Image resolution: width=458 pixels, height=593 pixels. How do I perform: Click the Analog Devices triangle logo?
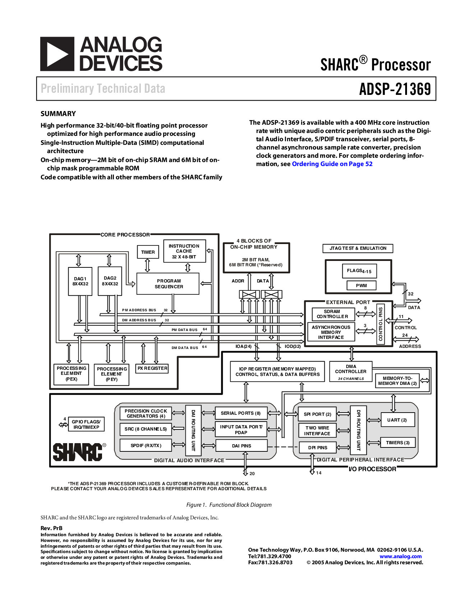pos(57,54)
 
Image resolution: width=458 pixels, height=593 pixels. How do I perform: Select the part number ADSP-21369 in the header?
pos(395,89)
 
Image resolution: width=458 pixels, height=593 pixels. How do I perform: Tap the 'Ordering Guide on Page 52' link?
pos(332,164)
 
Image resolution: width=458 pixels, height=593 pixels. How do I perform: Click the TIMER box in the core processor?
pos(148,252)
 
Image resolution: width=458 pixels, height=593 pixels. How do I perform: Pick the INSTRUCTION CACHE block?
pos(184,251)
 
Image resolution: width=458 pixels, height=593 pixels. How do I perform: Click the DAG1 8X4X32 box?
pos(80,281)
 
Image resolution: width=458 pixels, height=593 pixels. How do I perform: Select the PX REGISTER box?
pos(152,368)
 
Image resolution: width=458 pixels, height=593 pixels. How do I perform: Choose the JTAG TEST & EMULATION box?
pos(358,248)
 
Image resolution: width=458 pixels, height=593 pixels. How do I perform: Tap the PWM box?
pos(361,285)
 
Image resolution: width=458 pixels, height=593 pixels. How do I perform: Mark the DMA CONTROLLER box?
pos(351,372)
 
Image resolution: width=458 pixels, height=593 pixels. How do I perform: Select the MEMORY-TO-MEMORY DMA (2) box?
pos(397,381)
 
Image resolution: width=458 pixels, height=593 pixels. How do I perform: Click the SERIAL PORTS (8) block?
pos(241,413)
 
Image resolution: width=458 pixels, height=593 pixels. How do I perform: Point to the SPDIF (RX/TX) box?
pos(145,445)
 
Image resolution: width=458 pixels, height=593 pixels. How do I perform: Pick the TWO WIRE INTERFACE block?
pos(317,431)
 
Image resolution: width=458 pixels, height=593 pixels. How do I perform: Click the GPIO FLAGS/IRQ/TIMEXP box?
pos(86,424)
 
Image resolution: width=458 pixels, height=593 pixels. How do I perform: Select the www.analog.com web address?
pos(401,556)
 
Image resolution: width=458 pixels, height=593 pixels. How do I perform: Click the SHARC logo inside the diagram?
pos(78,452)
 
